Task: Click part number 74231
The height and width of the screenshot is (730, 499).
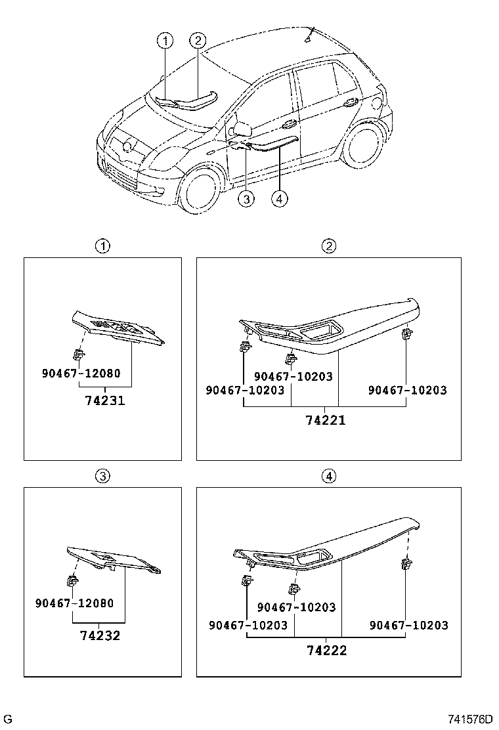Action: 104,400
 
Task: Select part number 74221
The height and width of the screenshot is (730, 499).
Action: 325,420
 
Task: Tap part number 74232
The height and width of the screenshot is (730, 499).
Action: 100,635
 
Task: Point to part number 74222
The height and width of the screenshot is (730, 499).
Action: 326,651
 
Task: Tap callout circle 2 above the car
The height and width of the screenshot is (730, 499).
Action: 198,41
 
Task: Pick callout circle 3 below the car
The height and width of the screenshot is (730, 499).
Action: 246,199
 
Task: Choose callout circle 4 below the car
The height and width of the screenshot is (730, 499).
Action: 279,199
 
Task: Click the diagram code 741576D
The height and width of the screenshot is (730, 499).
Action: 470,719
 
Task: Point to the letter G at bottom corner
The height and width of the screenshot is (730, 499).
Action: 9,719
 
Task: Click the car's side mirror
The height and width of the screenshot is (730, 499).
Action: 241,127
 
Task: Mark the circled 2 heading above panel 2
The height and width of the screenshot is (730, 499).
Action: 328,246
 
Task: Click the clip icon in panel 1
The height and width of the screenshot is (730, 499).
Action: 79,355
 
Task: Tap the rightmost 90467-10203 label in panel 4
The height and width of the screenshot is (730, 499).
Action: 408,626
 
